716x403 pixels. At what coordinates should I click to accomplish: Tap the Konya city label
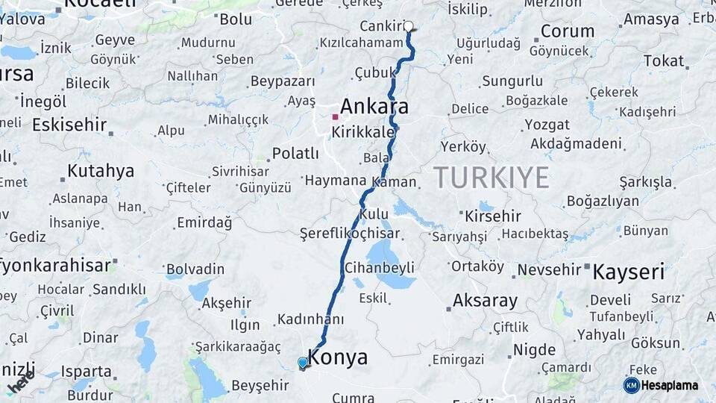(x=337, y=357)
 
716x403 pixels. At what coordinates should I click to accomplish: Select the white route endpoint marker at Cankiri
(x=409, y=26)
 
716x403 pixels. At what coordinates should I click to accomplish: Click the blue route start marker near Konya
(x=303, y=363)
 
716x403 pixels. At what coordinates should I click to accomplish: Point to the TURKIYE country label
(x=491, y=178)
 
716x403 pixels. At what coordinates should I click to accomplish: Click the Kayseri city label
(x=628, y=272)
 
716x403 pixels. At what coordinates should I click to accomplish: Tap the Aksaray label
(x=485, y=302)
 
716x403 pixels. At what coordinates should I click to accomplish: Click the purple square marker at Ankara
(x=335, y=117)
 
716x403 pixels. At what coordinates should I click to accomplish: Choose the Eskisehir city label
(x=69, y=125)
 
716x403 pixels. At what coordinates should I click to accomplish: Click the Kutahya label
(x=101, y=171)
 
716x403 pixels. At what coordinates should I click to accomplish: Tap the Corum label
(x=568, y=31)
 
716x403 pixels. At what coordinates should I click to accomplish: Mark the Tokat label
(x=663, y=61)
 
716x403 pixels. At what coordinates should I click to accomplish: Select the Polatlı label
(x=295, y=153)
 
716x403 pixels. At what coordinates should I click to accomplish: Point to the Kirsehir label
(x=492, y=216)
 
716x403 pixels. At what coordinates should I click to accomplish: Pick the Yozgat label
(x=547, y=124)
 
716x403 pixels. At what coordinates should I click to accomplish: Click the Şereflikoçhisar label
(x=350, y=234)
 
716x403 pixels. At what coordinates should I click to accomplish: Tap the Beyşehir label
(x=260, y=385)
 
